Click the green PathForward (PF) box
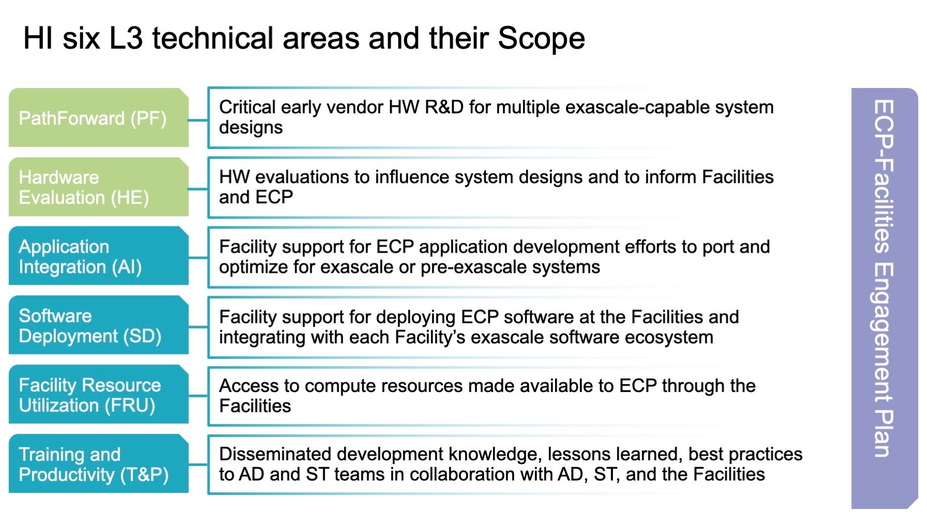point(99,118)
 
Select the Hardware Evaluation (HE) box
point(99,187)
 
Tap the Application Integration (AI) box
point(99,256)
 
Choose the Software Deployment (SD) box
point(99,325)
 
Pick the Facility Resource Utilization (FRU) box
point(99,395)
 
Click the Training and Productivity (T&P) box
point(99,463)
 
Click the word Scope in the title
point(541,38)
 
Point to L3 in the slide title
point(126,38)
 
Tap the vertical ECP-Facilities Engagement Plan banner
point(885,298)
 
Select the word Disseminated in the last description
point(275,454)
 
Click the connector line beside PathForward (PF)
point(198,120)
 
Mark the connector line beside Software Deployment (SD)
point(198,327)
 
